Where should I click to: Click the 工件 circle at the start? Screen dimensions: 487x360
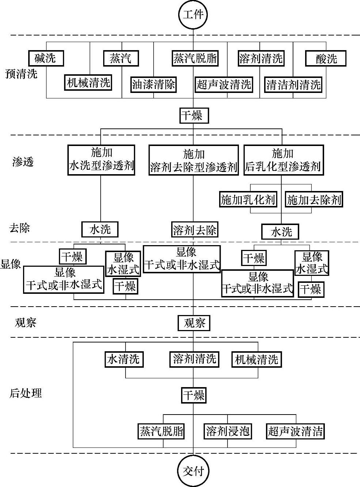(x=193, y=15)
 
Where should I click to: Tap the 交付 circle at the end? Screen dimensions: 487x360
(x=193, y=471)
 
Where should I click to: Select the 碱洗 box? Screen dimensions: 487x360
(x=46, y=58)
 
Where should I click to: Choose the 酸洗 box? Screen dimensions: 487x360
(x=326, y=59)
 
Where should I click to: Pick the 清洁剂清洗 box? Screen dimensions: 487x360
(x=293, y=85)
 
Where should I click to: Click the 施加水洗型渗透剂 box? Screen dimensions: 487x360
(x=101, y=160)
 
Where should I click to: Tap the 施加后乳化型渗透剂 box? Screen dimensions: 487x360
(x=284, y=160)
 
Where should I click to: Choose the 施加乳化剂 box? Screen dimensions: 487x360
(x=248, y=200)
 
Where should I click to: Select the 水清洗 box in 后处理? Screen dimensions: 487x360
(x=123, y=359)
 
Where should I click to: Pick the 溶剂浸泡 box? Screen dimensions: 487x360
(x=228, y=431)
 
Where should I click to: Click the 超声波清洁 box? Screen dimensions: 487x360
(x=295, y=431)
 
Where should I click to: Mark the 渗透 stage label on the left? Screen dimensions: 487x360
(x=23, y=162)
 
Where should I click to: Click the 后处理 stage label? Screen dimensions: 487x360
(x=26, y=393)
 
